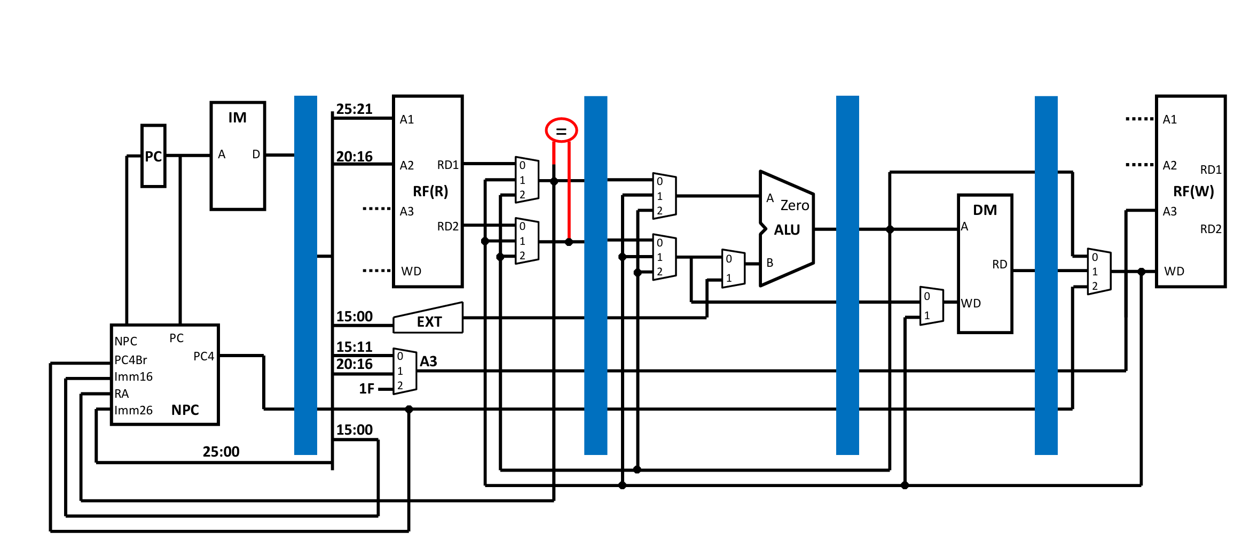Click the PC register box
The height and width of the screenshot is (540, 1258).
coord(153,156)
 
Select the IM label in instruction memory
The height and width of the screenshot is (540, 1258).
coord(238,118)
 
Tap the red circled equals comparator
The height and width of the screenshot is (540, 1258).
coord(561,130)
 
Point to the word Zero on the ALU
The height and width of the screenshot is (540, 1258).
coord(795,205)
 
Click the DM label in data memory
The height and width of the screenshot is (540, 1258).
coord(985,210)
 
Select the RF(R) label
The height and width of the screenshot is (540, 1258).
coord(430,191)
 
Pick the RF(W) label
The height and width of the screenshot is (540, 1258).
coord(1193,191)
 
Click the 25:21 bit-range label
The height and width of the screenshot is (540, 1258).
coord(354,109)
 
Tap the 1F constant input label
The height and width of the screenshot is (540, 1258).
coord(366,389)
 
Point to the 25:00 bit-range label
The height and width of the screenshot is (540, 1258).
coord(221,452)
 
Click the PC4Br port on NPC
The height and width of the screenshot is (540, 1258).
coord(131,360)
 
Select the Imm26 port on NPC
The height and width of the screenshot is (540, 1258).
coord(133,410)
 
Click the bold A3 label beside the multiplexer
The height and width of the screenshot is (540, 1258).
coord(428,362)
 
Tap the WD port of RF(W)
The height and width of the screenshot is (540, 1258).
coord(1174,271)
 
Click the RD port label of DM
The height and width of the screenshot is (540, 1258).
coord(1000,264)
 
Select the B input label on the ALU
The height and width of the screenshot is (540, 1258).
coord(770,263)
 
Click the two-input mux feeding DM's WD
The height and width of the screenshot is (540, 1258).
coord(931,306)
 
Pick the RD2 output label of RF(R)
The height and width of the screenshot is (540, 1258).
coord(447,226)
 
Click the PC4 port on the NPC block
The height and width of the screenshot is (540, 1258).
coord(203,356)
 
